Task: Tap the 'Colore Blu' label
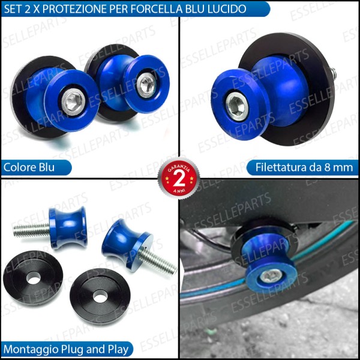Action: point(29,167)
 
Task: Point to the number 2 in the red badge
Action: point(179,179)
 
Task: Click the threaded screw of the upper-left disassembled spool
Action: point(30,229)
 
